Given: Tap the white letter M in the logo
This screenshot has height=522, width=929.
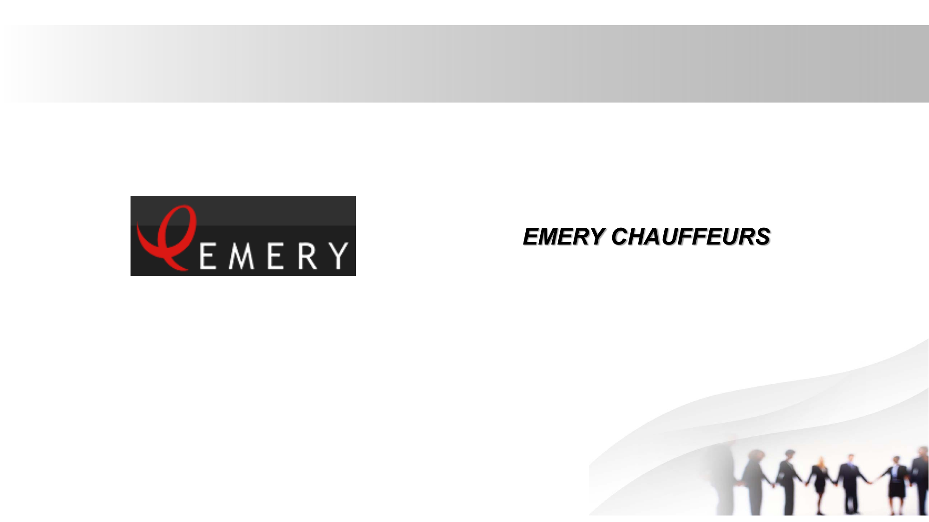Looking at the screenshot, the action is point(242,256).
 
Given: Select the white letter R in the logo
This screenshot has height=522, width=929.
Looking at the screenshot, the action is point(307,256).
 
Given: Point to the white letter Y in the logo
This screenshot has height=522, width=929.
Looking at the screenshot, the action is point(338,256).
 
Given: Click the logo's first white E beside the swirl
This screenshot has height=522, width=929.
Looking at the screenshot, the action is point(208,256).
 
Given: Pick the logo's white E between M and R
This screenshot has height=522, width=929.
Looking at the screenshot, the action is point(275,256).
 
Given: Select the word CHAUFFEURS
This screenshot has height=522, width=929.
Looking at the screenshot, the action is point(691,237).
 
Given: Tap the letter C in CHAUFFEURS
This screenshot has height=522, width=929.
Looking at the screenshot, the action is point(621,237).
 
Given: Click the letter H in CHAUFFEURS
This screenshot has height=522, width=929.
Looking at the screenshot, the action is point(641,237).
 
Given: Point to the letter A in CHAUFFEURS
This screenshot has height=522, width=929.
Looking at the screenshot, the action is point(660,237).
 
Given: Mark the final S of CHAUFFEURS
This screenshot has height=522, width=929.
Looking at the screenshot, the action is point(762,237).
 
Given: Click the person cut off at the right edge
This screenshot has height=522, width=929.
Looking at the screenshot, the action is point(920,481).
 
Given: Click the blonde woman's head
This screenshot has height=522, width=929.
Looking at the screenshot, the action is point(821,462).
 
